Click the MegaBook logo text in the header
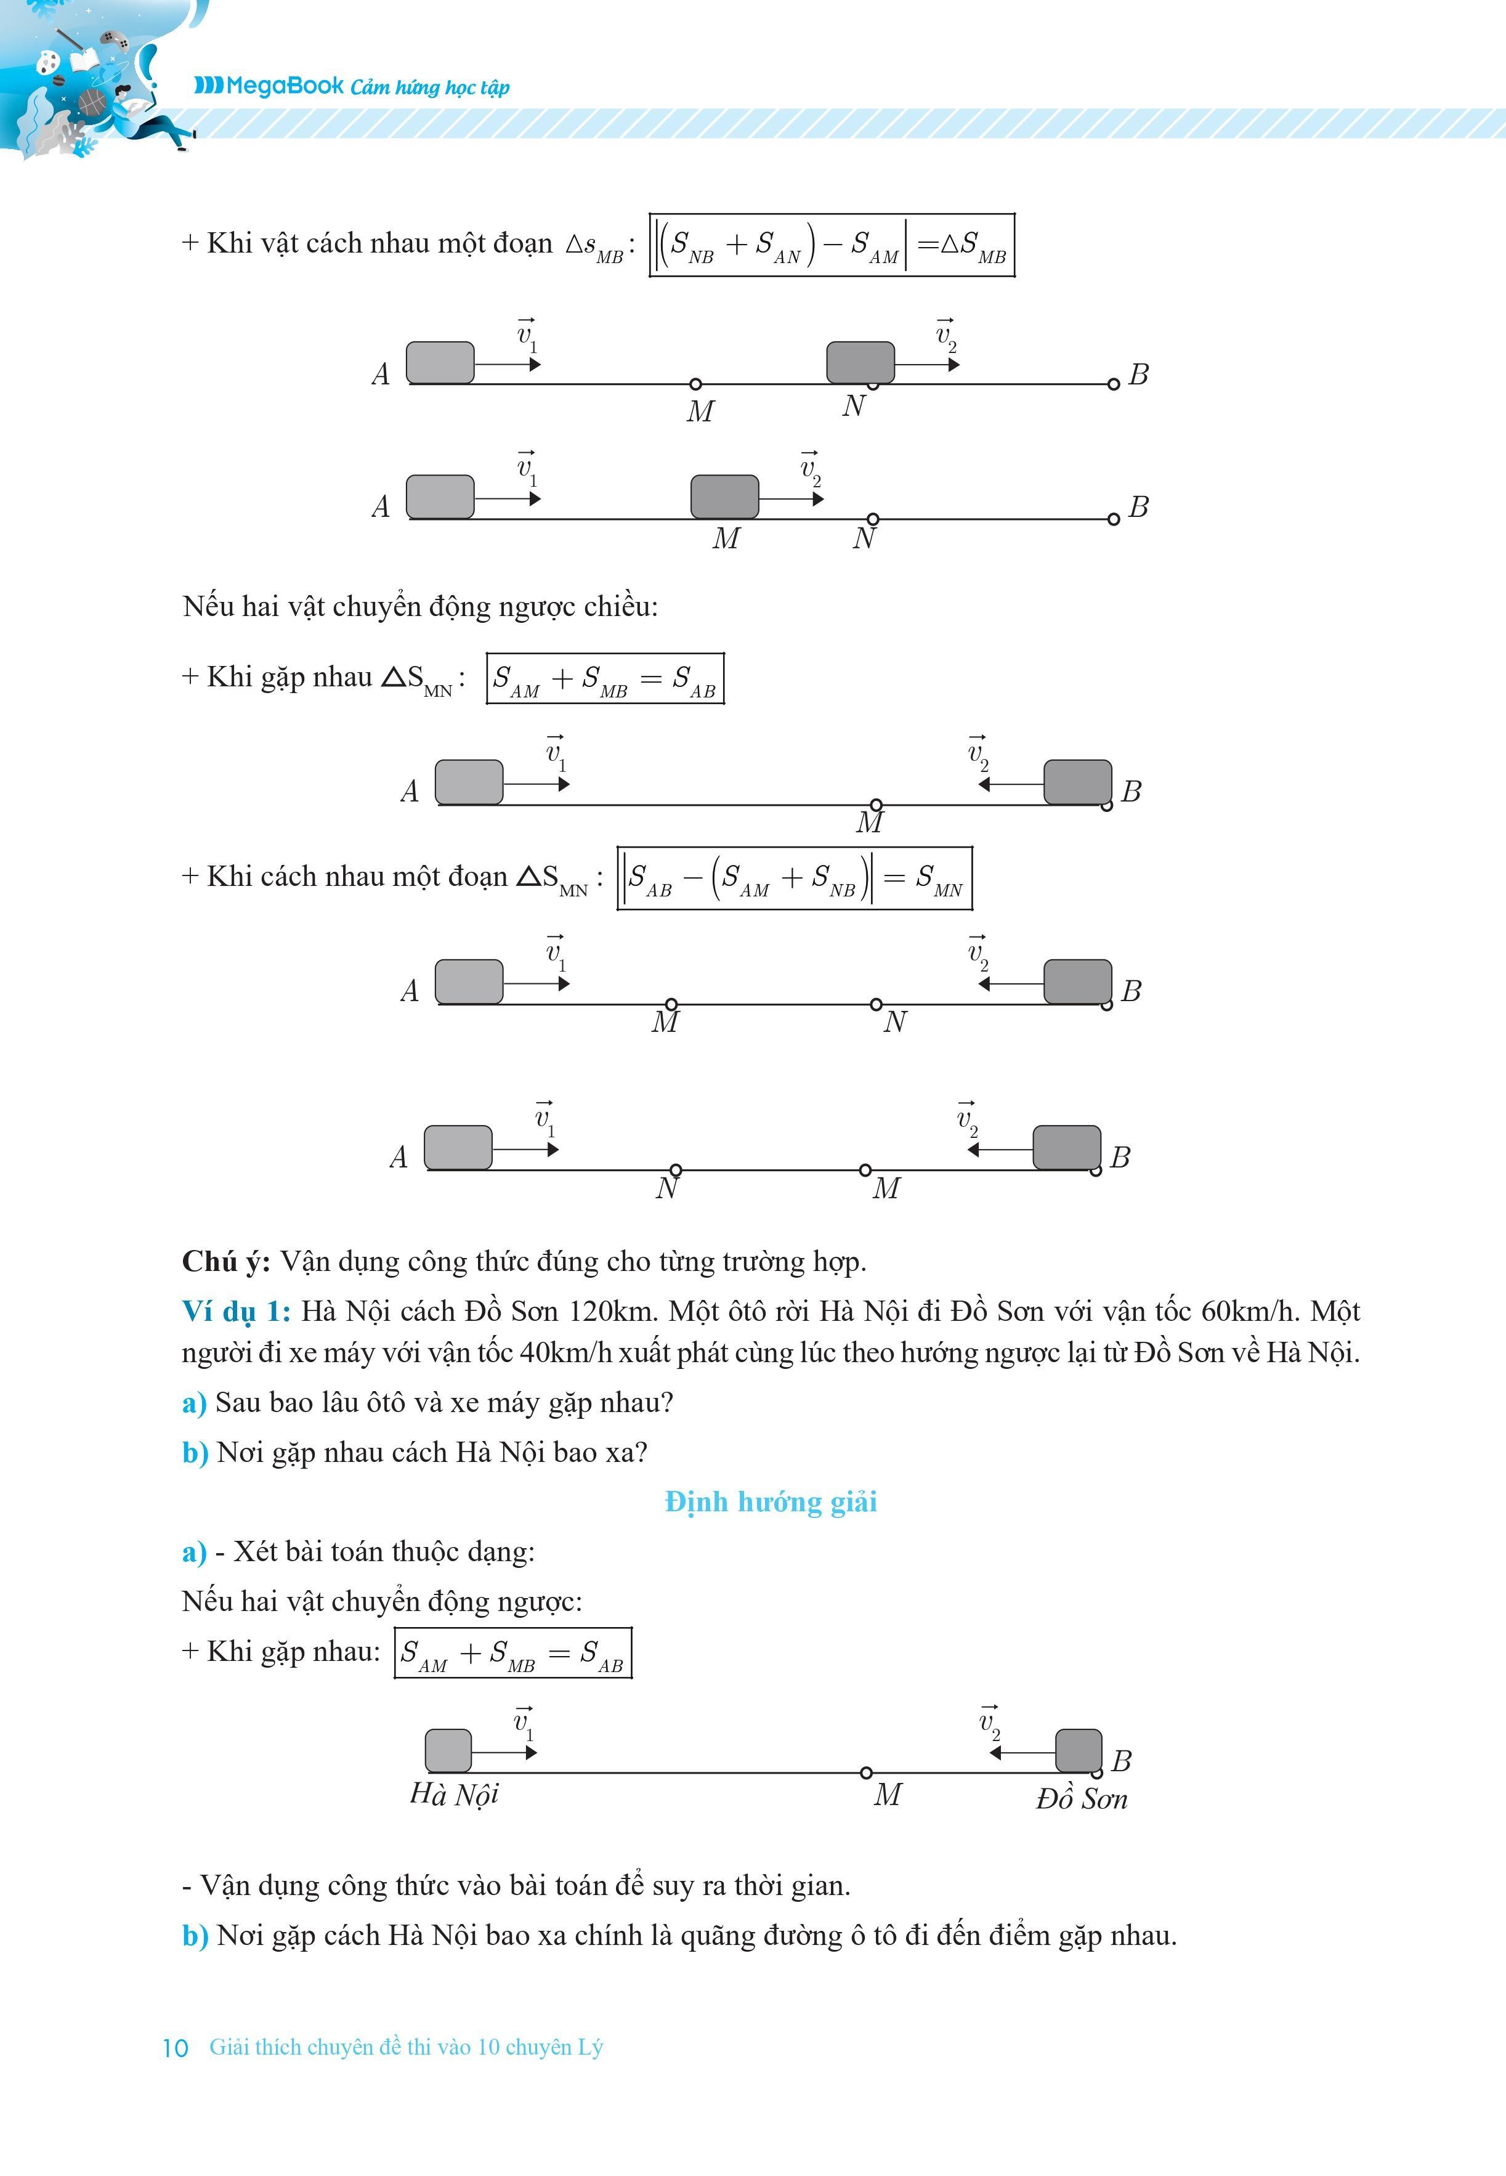pos(269,86)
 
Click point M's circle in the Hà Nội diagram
pos(866,1773)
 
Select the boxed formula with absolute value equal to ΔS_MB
pos(832,245)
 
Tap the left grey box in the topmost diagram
pos(440,362)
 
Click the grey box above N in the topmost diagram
pos(860,362)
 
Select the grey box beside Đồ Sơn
pos(1077,1752)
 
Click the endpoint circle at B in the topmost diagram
pos(1114,384)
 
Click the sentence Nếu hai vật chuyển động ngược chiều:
pos(420,606)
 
